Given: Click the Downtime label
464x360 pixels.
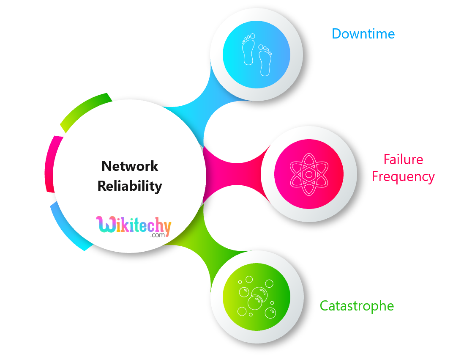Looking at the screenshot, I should (363, 34).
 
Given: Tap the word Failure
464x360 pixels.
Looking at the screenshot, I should (403, 159).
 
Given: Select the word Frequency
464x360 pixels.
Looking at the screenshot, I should (403, 176).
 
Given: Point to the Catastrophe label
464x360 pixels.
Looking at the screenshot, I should (357, 305).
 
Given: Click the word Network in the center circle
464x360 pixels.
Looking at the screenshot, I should (130, 166).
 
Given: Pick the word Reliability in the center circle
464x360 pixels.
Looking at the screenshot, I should (130, 186).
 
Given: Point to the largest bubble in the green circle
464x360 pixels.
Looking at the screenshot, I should (255, 302).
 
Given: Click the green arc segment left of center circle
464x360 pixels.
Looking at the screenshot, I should (84, 110).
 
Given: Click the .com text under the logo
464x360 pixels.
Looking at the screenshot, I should (157, 235).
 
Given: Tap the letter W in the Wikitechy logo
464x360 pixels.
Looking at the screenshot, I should (104, 225).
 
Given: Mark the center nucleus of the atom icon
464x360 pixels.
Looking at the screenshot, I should (309, 174).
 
